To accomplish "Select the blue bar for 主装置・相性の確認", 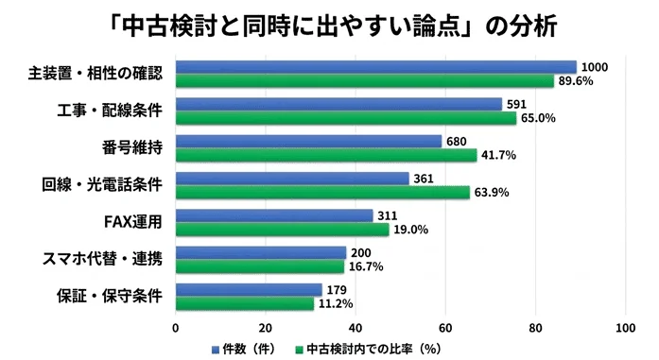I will (375, 67).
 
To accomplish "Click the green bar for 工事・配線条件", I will (345, 118).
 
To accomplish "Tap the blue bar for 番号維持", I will (308, 141).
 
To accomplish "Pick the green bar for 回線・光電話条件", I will (322, 192).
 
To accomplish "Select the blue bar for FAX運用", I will (274, 215).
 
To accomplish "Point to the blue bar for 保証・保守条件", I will (248, 289).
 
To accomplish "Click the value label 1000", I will (596, 67).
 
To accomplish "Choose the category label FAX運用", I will (133, 222).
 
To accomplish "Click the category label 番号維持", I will (133, 148).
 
